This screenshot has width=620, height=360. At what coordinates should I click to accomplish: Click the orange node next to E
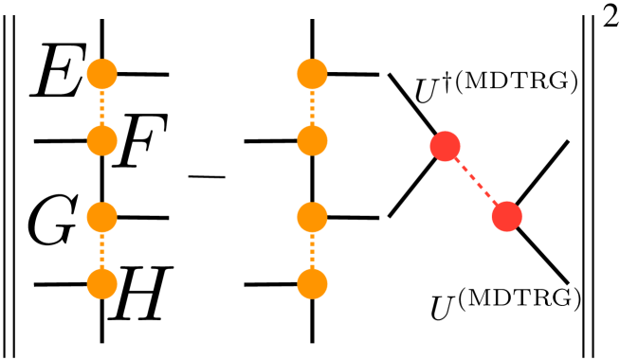coord(101,72)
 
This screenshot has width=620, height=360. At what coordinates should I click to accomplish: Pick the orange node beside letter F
coord(101,142)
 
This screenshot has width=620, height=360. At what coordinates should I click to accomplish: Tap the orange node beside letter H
coord(101,282)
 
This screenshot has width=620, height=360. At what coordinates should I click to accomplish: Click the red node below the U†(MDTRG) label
coord(445,146)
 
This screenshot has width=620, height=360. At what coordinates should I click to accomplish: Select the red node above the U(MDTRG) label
coord(508,217)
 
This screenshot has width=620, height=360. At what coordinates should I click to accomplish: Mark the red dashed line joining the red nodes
coord(476,181)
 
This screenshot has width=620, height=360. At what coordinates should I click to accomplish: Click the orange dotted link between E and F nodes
coord(101,107)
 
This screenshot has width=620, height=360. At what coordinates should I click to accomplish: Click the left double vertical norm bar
coord(7,180)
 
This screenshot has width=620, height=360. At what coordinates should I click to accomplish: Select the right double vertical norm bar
coord(592,180)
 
